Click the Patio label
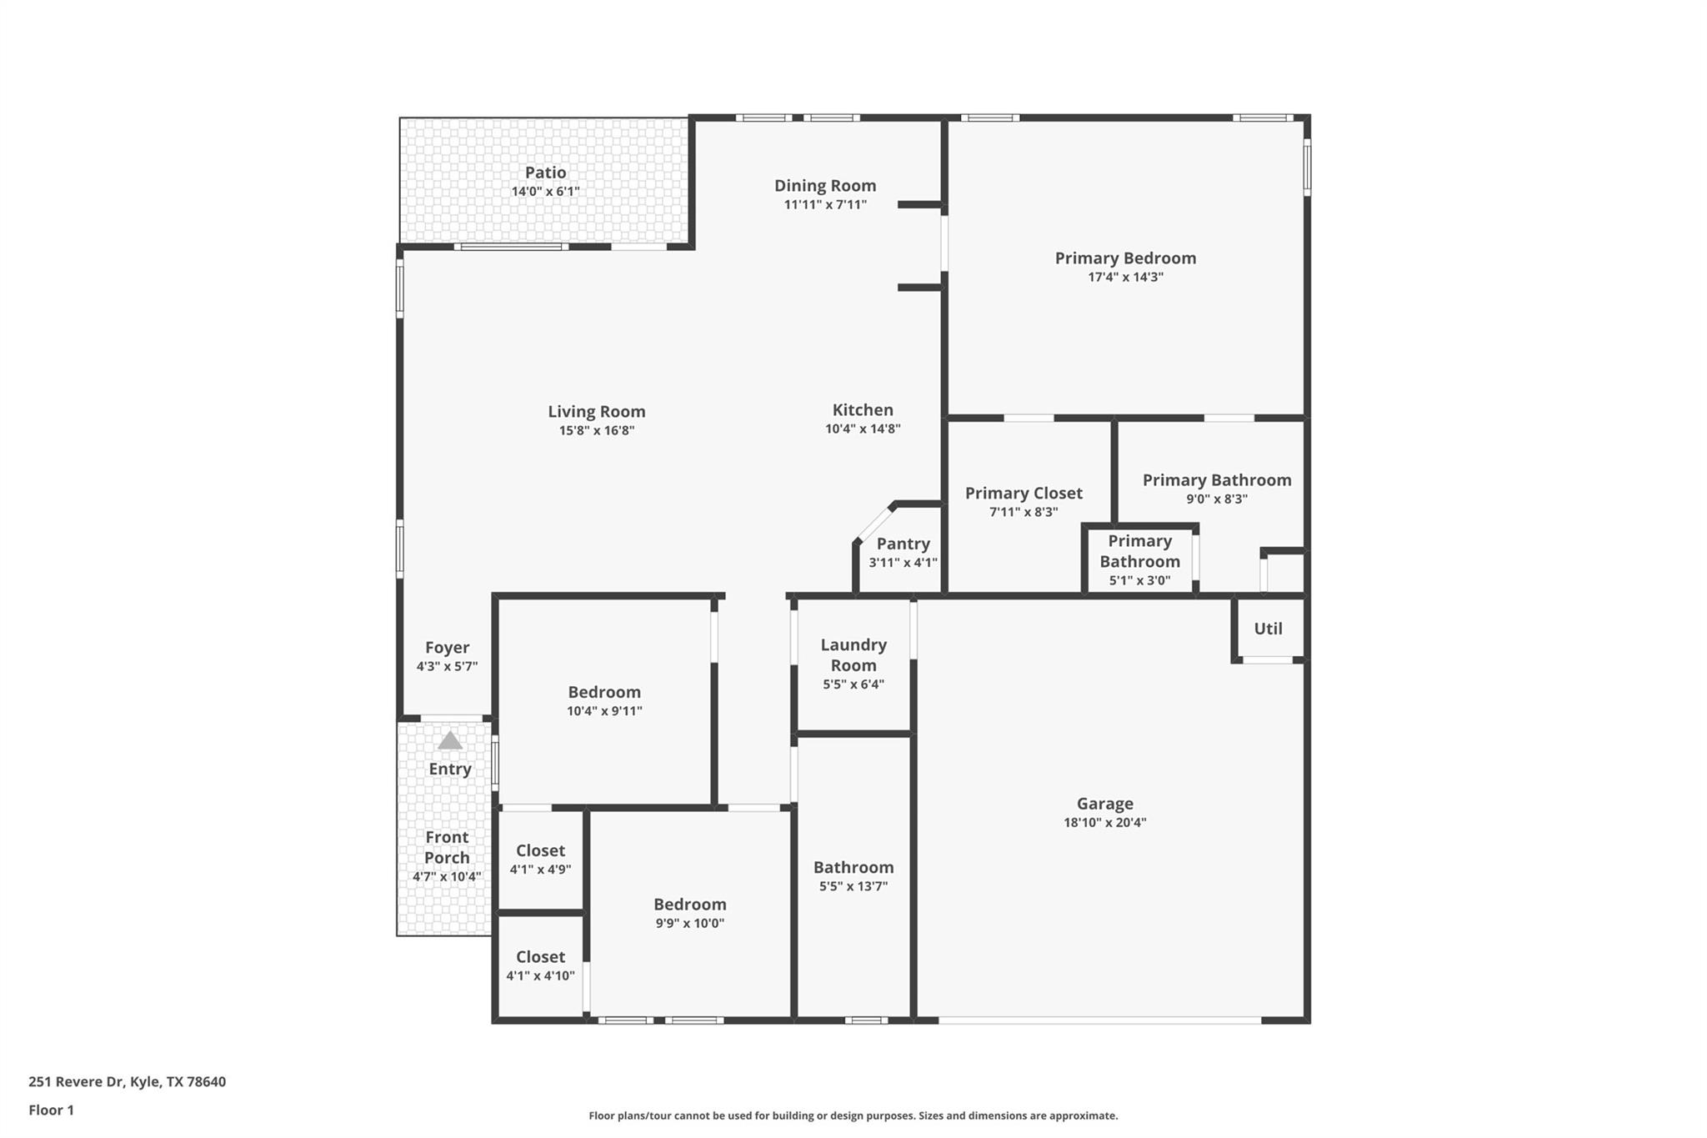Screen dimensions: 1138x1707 (x=545, y=173)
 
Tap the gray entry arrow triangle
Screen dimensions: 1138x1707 (x=450, y=740)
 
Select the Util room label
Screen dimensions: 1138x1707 (x=1268, y=629)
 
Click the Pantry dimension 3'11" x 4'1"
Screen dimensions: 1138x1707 (x=903, y=563)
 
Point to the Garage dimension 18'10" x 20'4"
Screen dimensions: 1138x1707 (x=1104, y=822)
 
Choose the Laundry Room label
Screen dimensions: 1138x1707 (x=853, y=654)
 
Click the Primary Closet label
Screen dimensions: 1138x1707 (x=1024, y=493)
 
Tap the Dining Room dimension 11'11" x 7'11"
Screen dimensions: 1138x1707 (x=825, y=204)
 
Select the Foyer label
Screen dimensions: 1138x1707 (x=447, y=647)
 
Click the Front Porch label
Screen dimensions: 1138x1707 (x=447, y=847)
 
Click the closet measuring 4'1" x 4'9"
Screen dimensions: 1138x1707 (x=540, y=859)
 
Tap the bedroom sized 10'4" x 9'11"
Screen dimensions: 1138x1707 (x=604, y=700)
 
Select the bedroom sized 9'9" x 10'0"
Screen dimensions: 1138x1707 (x=689, y=912)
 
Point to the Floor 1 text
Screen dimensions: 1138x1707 (x=51, y=1110)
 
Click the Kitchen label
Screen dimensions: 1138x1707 (x=863, y=409)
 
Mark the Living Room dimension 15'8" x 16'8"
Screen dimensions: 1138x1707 (x=596, y=430)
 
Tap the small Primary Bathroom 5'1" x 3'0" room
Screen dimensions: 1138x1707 (x=1139, y=560)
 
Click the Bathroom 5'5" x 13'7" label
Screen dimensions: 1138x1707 (x=853, y=867)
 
